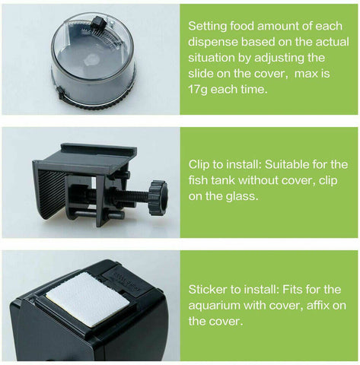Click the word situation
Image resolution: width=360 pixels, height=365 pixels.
(x=215, y=57)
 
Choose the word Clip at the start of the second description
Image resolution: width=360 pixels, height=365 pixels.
(x=201, y=163)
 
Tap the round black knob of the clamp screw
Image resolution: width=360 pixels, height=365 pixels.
(x=158, y=196)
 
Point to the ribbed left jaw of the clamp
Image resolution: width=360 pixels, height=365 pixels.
(x=50, y=190)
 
